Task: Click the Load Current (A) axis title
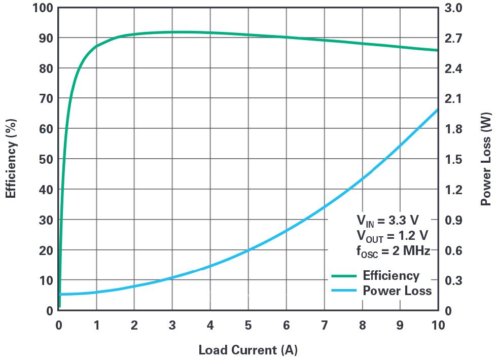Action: pos(247,350)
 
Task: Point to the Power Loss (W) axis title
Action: pos(486,159)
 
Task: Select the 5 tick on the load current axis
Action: pos(248,325)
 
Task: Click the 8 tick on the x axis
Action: pos(362,325)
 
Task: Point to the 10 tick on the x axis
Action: pos(437,325)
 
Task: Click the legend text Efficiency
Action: pos(390,276)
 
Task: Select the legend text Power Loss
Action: pos(397,291)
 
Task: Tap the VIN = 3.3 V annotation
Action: pos(387,221)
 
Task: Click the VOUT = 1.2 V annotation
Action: pos(392,236)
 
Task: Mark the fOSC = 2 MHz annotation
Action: pos(393,250)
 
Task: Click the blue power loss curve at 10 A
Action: pos(437,110)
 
